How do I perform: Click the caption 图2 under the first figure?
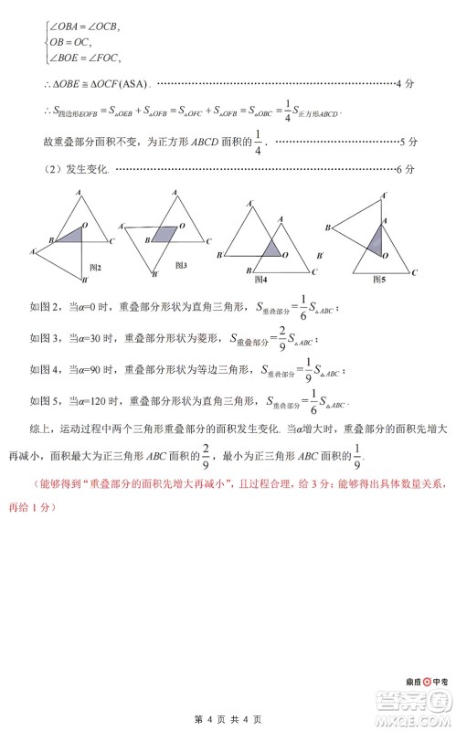(94, 267)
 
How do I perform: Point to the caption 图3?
(179, 265)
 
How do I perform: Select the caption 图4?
(260, 279)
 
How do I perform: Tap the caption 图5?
(378, 280)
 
